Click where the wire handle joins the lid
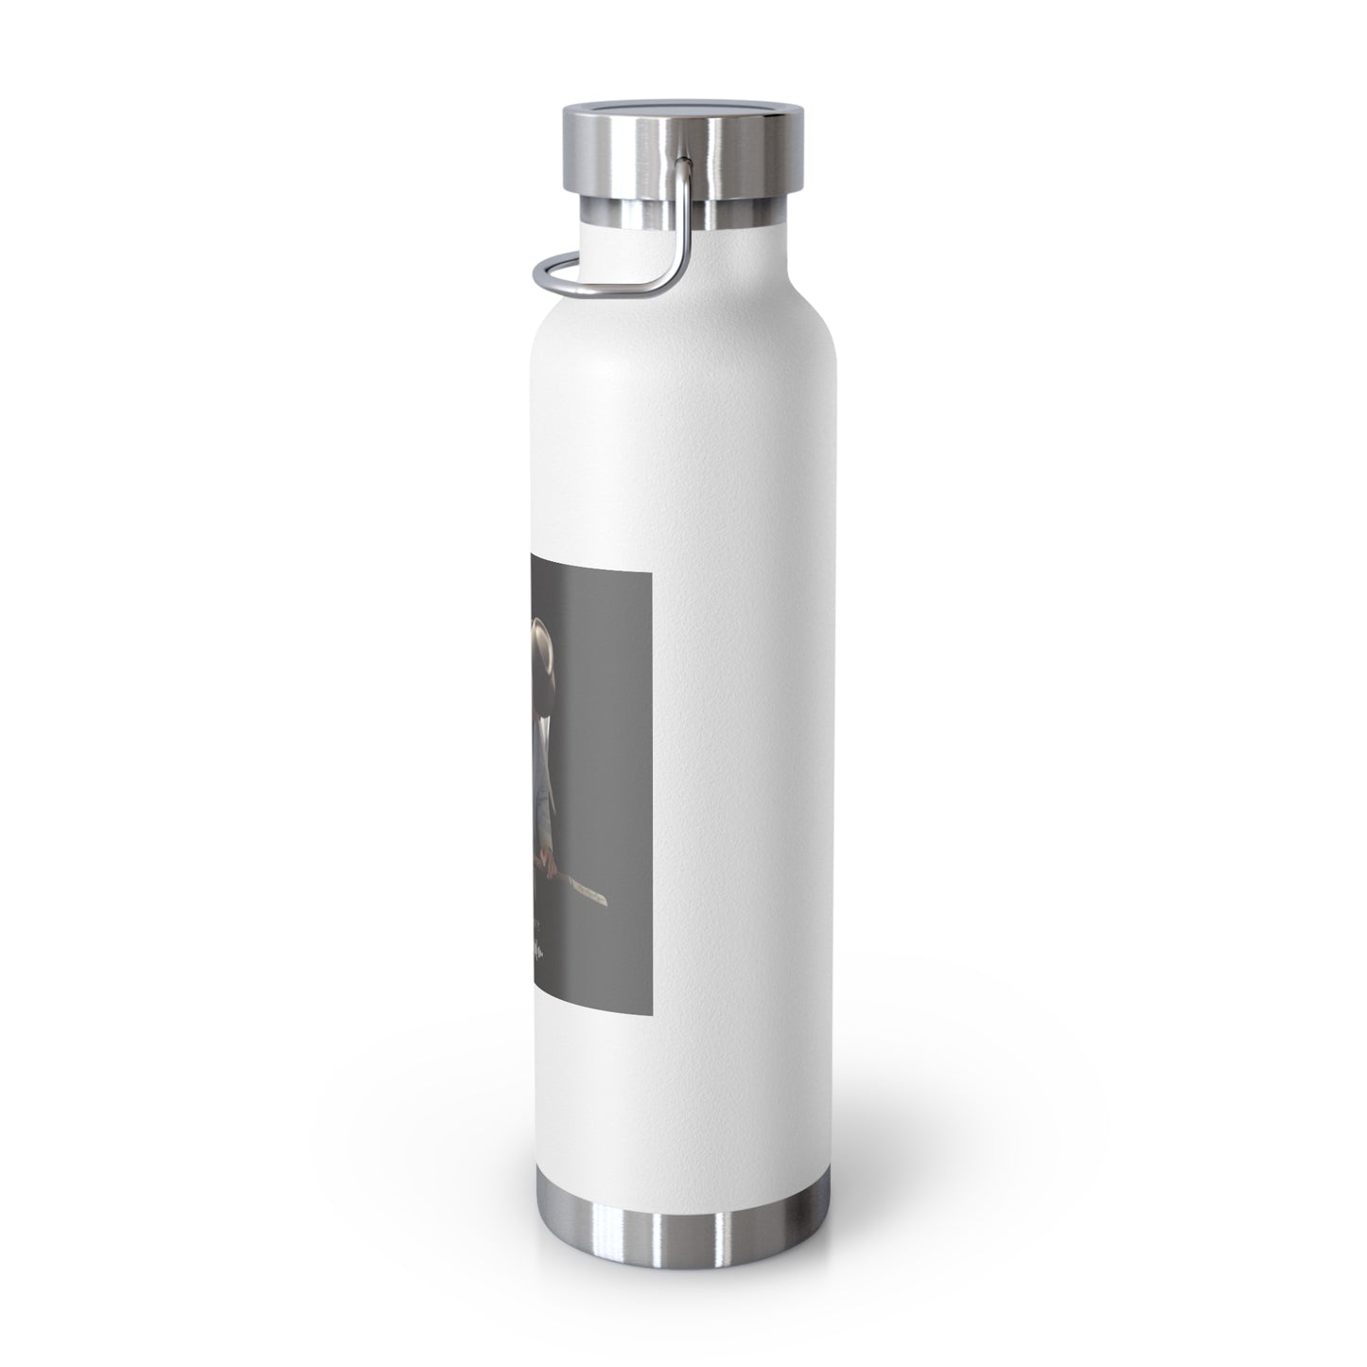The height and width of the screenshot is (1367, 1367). (683, 166)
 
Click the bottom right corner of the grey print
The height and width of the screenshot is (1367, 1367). (651, 995)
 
